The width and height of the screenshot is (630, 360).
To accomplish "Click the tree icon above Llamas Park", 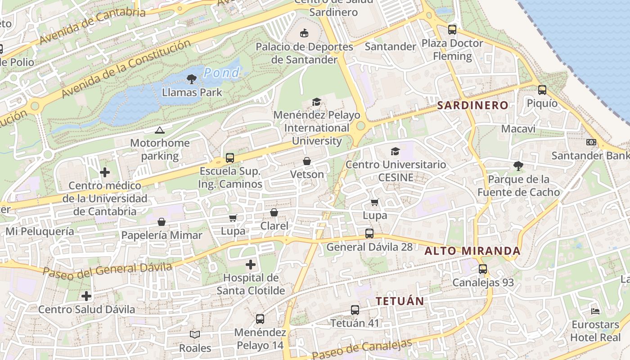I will coord(192,80).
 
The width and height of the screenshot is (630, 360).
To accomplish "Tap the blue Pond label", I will coord(221,72).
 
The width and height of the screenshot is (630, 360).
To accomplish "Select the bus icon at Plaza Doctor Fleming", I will coord(452,30).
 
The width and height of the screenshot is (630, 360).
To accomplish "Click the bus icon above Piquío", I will coord(542,90).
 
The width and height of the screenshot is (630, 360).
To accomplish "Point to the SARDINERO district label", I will coord(472,106).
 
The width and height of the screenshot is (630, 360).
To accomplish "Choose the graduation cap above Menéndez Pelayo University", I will coord(317,102).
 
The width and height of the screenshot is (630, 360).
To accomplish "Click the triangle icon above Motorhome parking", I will coord(159,130).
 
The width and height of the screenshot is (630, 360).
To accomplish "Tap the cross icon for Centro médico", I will coord(105,172).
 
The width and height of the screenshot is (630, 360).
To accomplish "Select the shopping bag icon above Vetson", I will coord(307,161).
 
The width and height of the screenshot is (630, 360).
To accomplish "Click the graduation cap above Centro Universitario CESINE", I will coord(396,151).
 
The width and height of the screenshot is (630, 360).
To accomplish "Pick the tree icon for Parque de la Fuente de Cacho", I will coord(518,166).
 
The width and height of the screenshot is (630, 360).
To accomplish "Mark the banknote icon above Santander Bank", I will coord(591,142).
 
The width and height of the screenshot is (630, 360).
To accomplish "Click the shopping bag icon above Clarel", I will coord(274,212).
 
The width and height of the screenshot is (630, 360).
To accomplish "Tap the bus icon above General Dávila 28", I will coord(369,234).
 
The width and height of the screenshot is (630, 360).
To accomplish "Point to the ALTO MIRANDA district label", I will coord(472,251).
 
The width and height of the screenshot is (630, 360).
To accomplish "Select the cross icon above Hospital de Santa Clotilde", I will coord(251,265).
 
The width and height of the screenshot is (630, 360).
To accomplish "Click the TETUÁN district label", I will coord(400,301).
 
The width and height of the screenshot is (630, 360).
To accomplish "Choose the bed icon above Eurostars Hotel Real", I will coord(595,311).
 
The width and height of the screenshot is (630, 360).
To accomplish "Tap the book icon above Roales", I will coord(195,334).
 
